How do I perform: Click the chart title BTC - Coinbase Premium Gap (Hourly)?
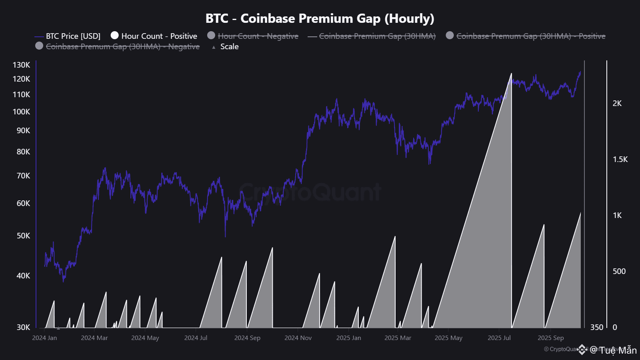click(320, 18)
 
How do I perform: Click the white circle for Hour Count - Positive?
click(115, 36)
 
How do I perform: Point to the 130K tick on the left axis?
click(22, 65)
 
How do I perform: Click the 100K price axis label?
click(22, 112)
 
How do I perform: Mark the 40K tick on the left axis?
click(23, 276)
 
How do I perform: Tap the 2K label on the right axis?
click(617, 104)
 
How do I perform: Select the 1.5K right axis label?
click(620, 160)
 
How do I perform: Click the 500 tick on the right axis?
click(619, 272)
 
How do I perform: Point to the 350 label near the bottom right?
click(596, 328)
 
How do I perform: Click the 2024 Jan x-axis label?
click(44, 338)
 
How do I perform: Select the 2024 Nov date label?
click(298, 338)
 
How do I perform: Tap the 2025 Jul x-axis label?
click(499, 338)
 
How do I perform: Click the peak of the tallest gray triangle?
click(511, 74)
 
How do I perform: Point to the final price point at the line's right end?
click(580, 72)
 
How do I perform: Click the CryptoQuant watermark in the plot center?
click(310, 192)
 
